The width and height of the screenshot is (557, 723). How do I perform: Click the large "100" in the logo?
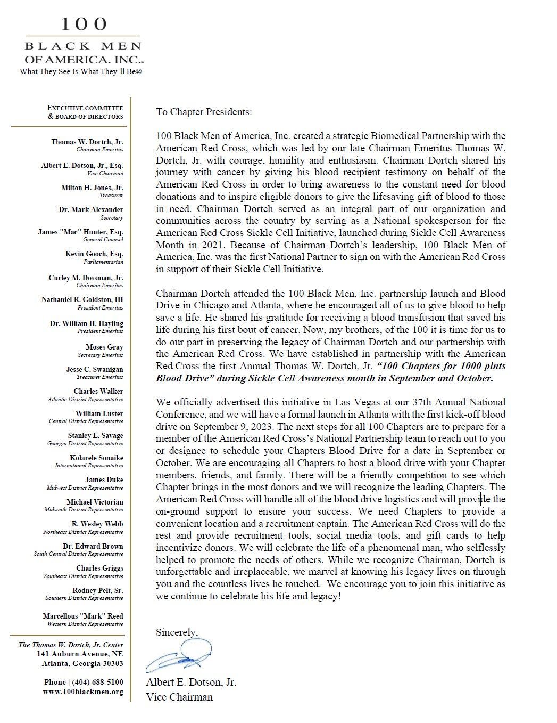84,24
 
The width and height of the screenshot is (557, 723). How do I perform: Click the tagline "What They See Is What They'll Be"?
80,71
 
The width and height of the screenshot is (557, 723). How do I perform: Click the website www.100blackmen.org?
83,692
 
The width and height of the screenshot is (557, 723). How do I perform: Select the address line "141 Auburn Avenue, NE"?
80,654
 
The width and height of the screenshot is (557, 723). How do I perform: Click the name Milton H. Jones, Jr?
92,188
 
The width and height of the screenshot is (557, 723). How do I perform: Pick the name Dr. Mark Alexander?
91,210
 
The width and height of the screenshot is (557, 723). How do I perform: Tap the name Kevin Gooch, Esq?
94,254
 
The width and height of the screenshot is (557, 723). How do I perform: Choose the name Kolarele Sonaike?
96,458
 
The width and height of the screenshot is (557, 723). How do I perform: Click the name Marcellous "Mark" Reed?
83,616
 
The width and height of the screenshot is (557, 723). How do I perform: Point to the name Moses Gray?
104,347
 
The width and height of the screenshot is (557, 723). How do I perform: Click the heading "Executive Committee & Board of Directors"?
86,112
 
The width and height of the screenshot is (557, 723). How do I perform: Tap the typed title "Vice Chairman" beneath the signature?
179,697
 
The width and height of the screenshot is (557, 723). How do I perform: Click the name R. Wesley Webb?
97,524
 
